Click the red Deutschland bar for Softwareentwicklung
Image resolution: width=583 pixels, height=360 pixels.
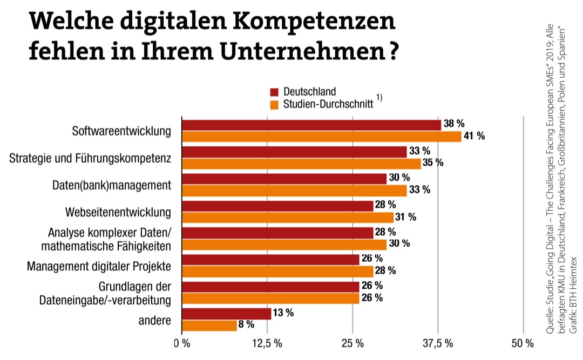pos(311,125)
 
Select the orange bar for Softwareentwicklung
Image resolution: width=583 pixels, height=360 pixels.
pos(322,137)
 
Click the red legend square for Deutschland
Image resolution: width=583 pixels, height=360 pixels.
pos(274,92)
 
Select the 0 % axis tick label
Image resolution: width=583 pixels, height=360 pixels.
pos(182,343)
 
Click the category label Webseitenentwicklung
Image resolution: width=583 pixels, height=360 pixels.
pos(118,212)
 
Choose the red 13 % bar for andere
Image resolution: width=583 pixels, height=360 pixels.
pos(227,314)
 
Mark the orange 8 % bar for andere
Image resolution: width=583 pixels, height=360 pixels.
pos(209,325)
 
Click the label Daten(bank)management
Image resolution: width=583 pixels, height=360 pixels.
pos(112,185)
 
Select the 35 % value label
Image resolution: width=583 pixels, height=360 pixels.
pos(432,163)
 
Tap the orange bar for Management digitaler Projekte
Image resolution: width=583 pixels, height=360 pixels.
pos(277,271)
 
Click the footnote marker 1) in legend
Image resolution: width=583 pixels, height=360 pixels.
pos(379,98)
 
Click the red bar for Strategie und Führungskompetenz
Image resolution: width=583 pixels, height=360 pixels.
pos(294,152)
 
